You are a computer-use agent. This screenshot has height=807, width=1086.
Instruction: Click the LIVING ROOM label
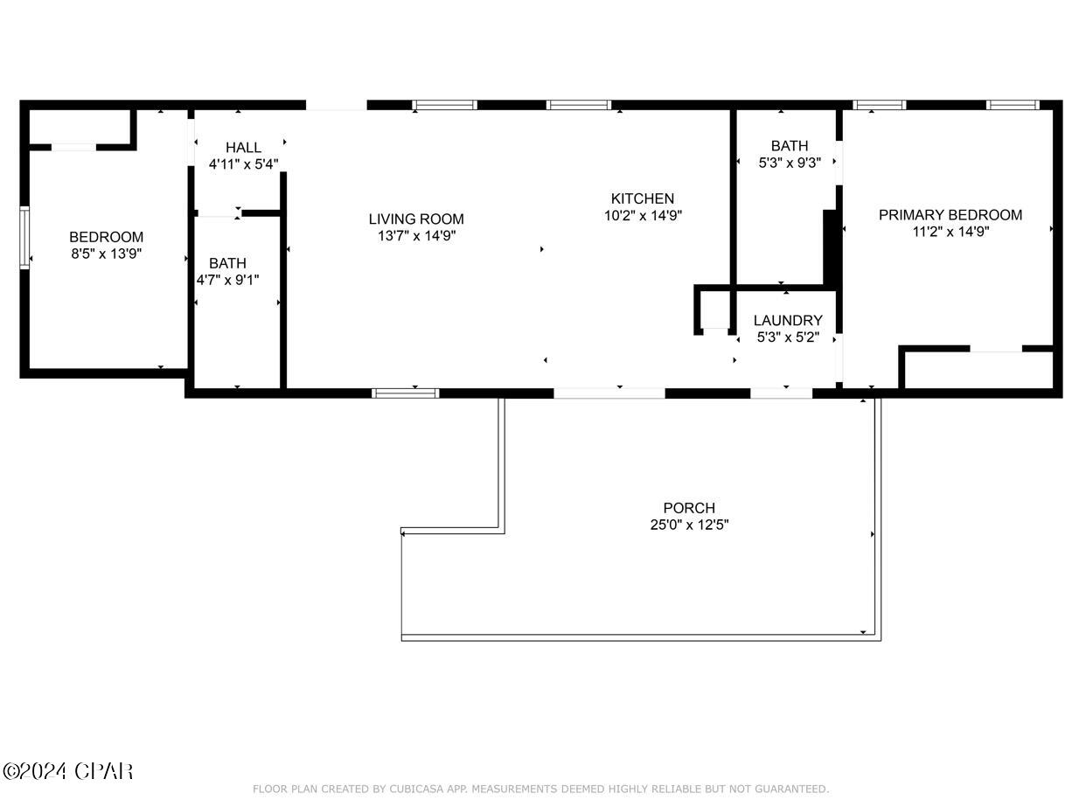tap(415, 219)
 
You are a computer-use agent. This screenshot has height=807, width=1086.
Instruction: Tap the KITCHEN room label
tap(642, 199)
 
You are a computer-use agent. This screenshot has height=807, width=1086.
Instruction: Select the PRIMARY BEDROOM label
tap(950, 215)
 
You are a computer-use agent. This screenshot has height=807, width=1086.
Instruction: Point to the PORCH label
tap(688, 508)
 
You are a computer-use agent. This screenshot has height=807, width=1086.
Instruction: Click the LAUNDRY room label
tap(787, 321)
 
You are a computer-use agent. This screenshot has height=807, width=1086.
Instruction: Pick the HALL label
tap(243, 148)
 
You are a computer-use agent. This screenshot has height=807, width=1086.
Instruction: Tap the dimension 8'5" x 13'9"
tap(106, 254)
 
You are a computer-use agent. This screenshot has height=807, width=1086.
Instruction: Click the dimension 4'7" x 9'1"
tap(227, 280)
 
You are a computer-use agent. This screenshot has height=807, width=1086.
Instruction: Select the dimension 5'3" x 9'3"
tap(789, 162)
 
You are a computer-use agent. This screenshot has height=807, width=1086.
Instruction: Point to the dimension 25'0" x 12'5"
tap(688, 525)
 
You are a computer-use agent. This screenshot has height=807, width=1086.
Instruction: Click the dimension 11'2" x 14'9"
tap(950, 232)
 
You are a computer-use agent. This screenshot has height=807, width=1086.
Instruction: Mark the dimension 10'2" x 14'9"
tap(642, 216)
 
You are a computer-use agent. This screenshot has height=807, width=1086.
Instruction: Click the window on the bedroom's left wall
tap(24, 237)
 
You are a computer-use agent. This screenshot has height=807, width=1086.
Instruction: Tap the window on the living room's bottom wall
tap(405, 393)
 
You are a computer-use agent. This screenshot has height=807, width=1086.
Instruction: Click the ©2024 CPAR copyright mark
tap(68, 771)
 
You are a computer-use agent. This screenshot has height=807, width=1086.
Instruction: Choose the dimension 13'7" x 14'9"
tap(415, 236)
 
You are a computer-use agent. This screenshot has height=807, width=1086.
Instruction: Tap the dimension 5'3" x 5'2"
tap(787, 337)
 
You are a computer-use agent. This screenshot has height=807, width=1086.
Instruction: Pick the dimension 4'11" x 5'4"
tap(243, 163)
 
